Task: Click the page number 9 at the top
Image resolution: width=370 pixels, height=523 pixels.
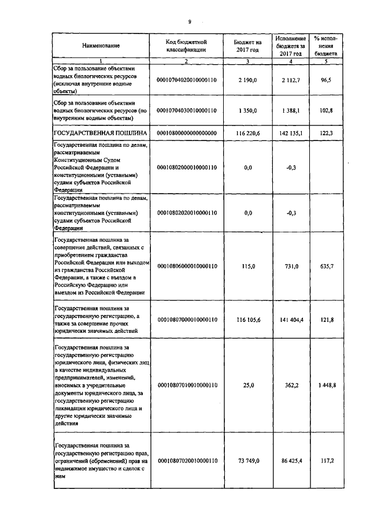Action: click(189, 21)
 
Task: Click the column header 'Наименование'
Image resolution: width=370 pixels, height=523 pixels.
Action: click(101, 46)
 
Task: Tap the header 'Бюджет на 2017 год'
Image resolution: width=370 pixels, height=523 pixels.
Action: click(248, 46)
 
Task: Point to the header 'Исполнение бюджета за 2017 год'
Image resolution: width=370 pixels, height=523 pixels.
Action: click(291, 45)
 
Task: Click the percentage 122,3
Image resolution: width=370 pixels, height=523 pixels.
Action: click(326, 133)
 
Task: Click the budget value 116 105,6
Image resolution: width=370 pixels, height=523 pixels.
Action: click(248, 319)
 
